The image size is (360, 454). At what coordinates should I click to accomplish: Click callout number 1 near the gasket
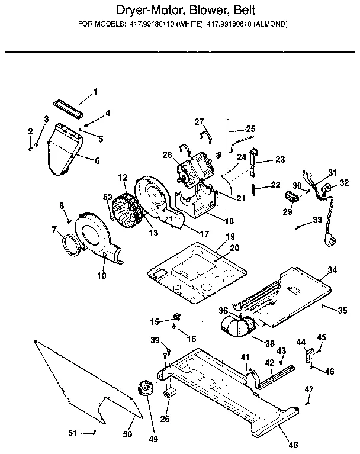click(95, 92)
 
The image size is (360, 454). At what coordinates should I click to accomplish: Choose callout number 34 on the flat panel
click(332, 271)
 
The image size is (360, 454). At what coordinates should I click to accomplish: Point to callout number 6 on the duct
click(97, 160)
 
